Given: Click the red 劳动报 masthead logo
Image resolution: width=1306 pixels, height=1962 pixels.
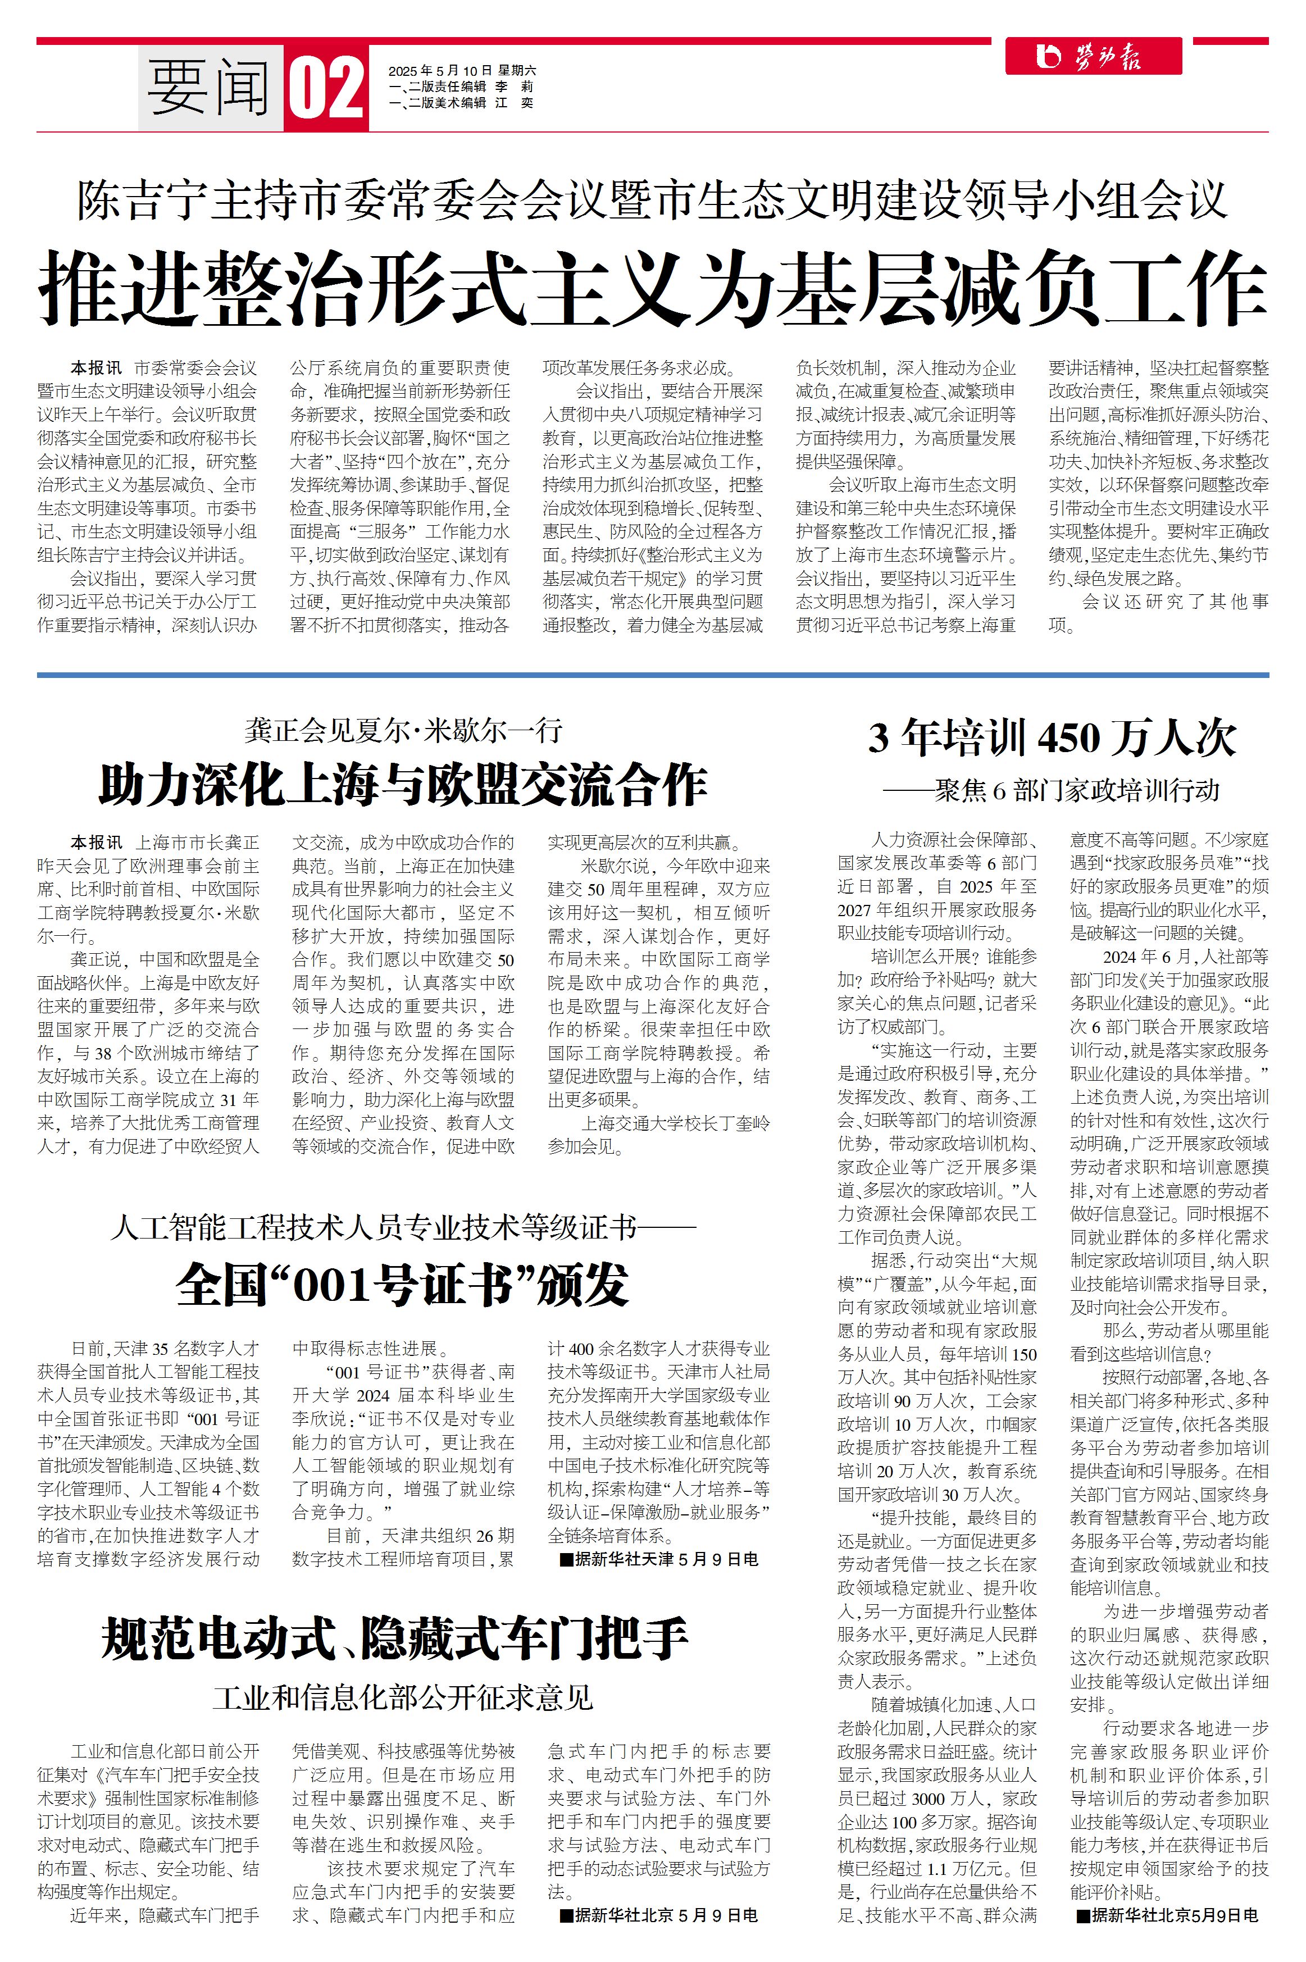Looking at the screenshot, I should pos(1093,57).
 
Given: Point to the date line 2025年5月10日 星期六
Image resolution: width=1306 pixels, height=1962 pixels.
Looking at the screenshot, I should pos(462,71).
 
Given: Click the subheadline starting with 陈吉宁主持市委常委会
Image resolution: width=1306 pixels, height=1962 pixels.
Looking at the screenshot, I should pos(653,200).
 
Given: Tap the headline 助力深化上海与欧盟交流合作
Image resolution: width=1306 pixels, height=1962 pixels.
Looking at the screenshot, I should pos(403,785).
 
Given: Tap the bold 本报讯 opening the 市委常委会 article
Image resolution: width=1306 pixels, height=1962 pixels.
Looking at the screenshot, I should pos(96,368).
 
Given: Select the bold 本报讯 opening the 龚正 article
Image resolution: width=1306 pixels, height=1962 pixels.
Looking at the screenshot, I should pos(96,843).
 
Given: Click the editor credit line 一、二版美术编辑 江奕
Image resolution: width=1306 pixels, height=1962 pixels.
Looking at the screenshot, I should pos(461,103).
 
